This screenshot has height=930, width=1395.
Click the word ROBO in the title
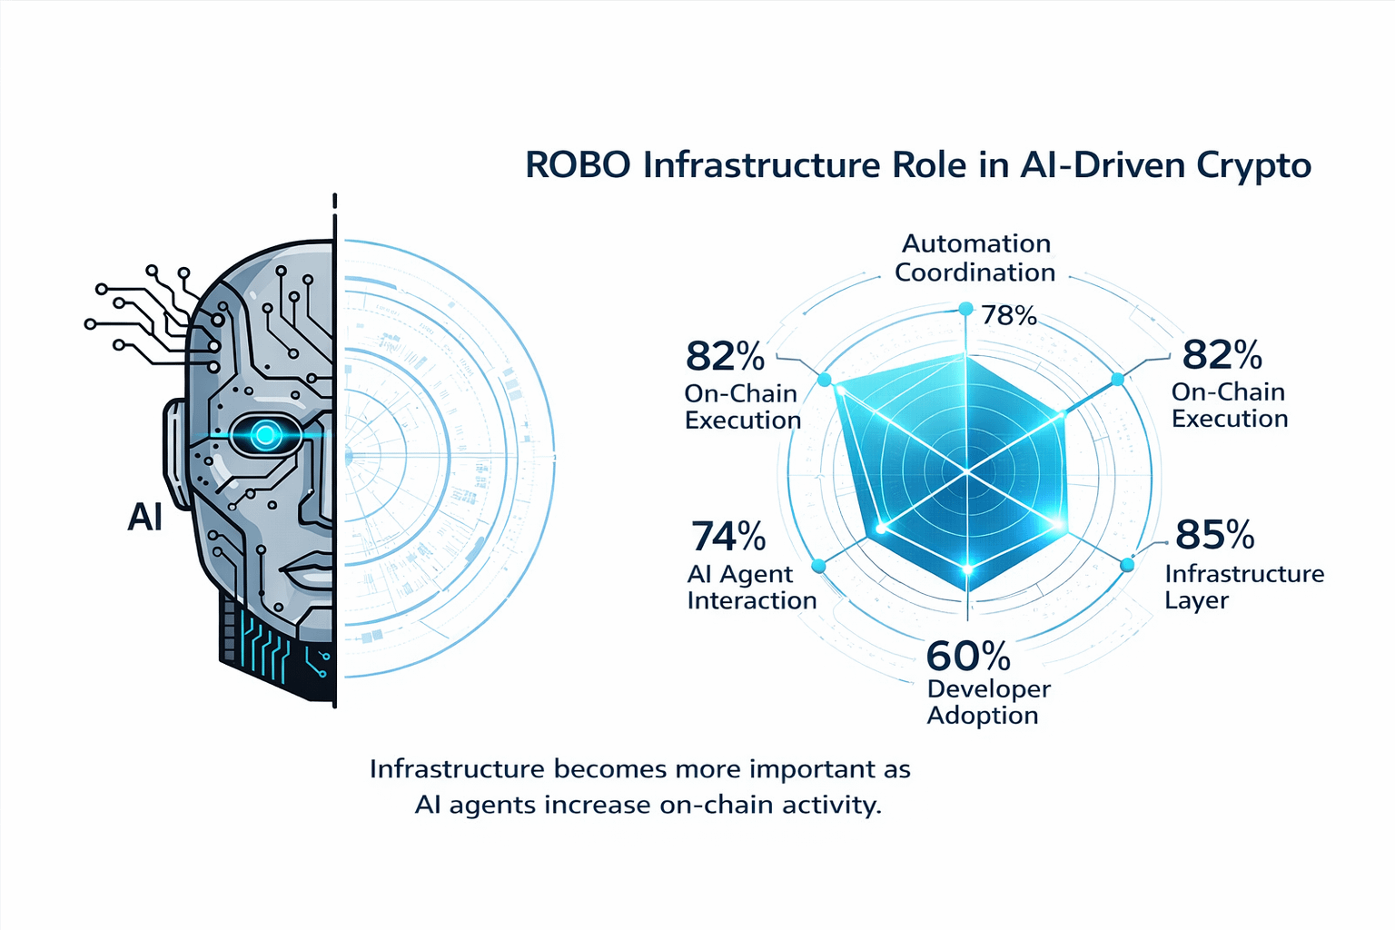click(x=578, y=166)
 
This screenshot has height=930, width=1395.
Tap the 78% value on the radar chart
click(x=1009, y=315)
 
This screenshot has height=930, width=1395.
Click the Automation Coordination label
click(x=975, y=258)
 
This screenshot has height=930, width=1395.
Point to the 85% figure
click(x=1214, y=535)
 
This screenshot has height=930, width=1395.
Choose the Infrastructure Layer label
click(x=1243, y=587)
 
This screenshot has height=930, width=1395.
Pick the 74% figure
click(x=727, y=537)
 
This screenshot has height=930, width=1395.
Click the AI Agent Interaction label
click(x=751, y=587)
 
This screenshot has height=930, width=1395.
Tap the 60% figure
click(x=968, y=655)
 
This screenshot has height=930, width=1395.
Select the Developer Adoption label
click(x=988, y=702)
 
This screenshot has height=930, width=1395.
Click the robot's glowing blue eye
click(x=265, y=435)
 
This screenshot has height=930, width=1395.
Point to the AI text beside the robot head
click(x=145, y=517)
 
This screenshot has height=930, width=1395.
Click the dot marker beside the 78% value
click(x=965, y=310)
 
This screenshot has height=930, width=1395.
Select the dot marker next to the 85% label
click(x=1127, y=565)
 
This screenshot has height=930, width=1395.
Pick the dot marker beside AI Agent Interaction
click(x=818, y=566)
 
